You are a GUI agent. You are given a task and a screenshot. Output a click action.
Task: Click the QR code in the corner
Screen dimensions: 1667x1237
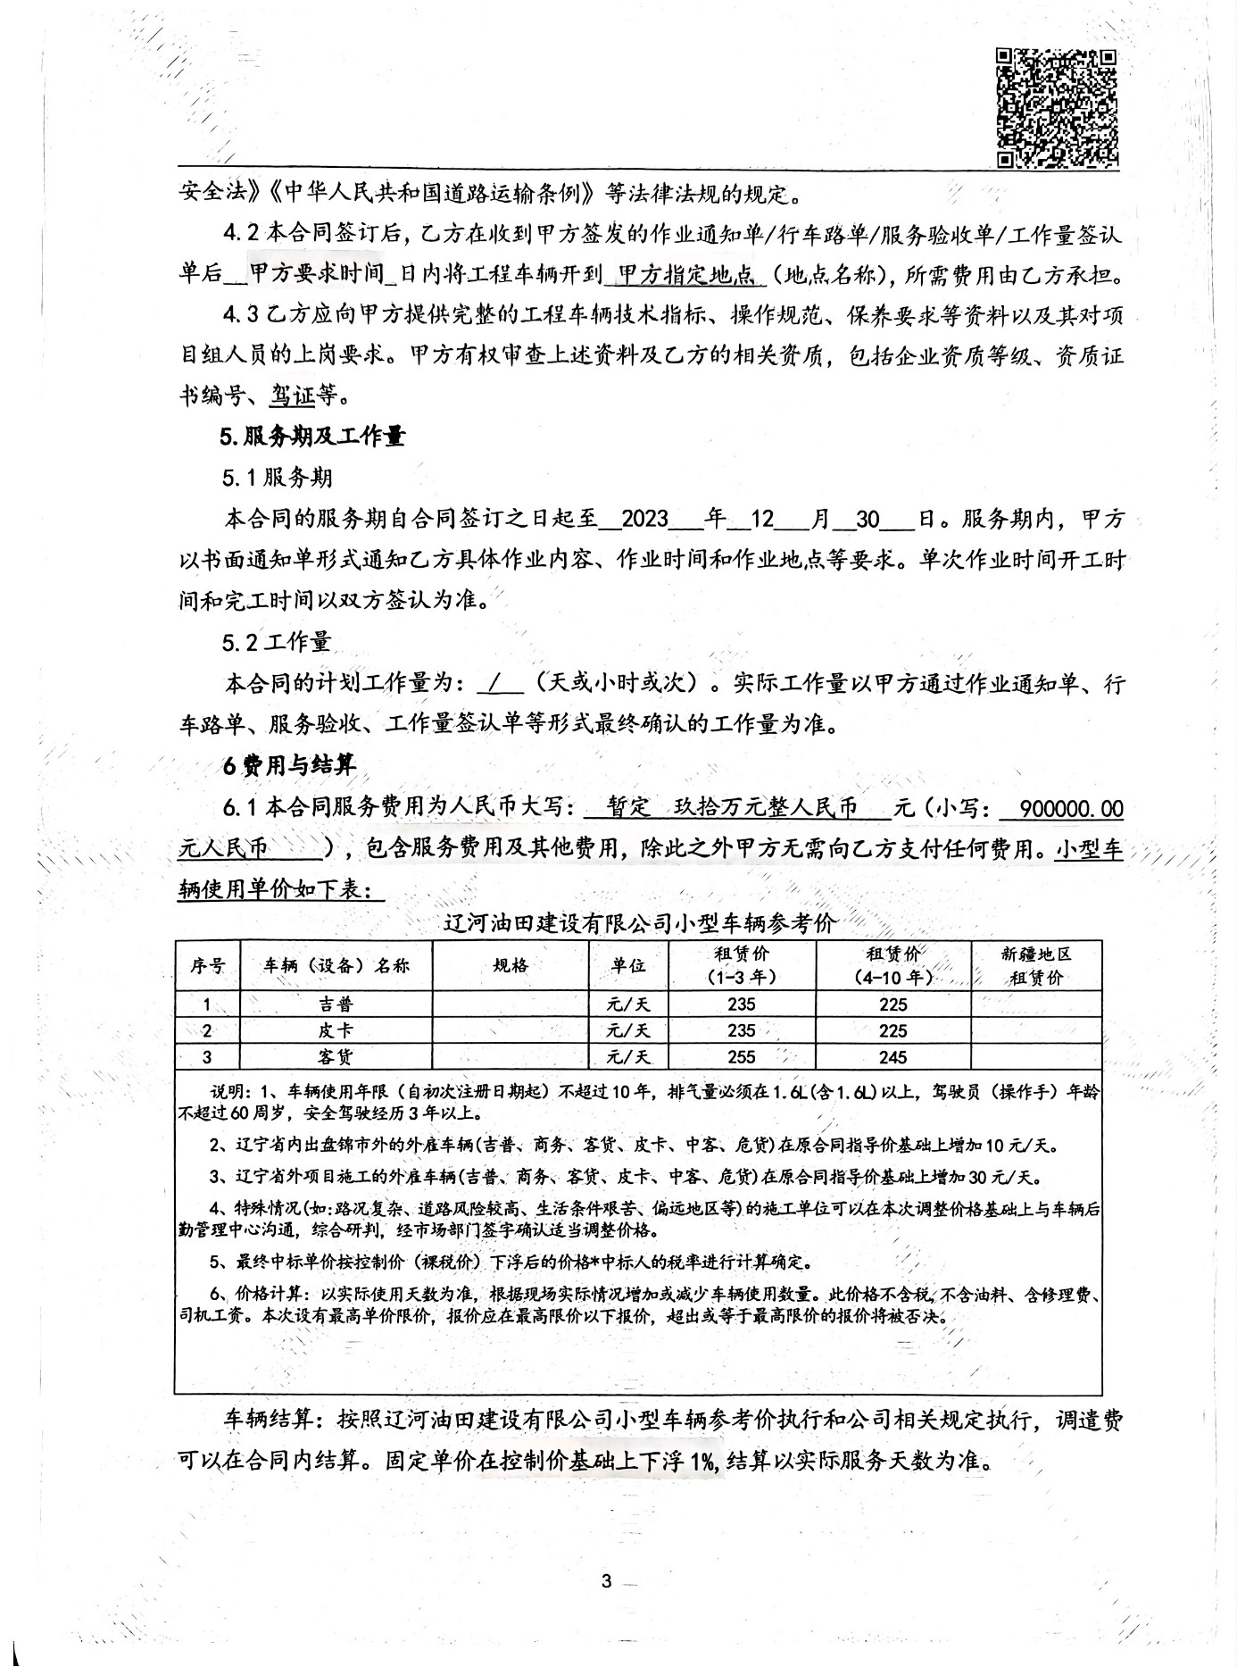click(x=1056, y=108)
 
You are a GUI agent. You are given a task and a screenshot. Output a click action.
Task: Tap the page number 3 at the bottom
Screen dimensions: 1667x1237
click(x=606, y=1581)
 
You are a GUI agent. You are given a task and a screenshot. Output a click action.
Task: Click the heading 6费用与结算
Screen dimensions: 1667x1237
click(x=289, y=765)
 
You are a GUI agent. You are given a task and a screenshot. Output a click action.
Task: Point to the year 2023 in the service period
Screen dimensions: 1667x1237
click(x=644, y=520)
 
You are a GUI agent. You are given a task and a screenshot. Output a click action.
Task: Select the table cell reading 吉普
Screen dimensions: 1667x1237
click(x=336, y=1004)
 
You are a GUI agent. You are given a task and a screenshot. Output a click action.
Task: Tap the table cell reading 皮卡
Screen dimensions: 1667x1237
click(x=336, y=1030)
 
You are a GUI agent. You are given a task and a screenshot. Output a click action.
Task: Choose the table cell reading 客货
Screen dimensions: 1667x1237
click(x=336, y=1057)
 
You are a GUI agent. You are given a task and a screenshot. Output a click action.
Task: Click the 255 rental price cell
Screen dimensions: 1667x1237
click(x=741, y=1057)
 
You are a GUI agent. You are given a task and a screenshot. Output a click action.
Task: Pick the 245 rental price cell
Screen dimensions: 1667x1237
click(x=892, y=1057)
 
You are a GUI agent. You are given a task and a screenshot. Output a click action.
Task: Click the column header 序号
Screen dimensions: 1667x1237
click(x=207, y=965)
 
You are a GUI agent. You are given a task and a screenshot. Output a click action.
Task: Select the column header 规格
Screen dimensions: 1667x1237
click(x=511, y=965)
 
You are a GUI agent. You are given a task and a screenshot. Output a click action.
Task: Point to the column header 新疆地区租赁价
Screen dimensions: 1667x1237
click(x=1035, y=965)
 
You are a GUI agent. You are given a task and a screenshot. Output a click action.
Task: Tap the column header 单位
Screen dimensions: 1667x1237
click(x=628, y=965)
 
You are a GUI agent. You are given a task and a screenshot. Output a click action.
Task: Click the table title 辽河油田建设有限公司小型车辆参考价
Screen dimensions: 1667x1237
click(x=639, y=923)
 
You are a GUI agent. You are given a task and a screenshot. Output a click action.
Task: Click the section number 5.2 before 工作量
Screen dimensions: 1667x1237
click(x=239, y=642)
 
